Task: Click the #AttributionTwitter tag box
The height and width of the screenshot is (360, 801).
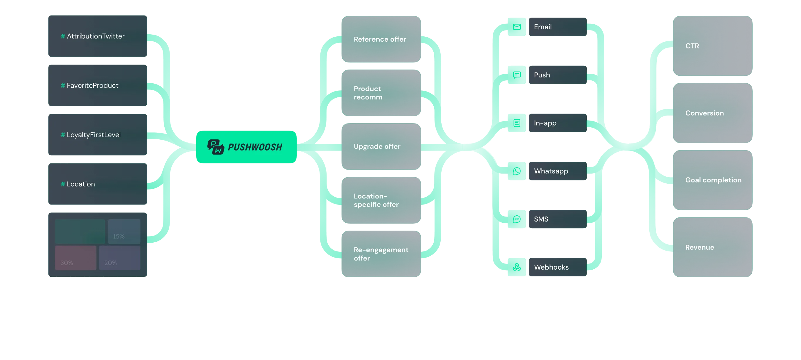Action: [97, 36]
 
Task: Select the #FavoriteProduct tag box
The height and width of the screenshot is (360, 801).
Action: [97, 85]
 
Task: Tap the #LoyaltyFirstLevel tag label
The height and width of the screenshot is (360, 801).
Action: [93, 135]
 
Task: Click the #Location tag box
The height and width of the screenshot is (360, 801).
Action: [97, 184]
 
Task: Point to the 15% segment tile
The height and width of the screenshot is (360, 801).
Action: [124, 231]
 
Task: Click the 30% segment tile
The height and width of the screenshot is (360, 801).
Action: [76, 258]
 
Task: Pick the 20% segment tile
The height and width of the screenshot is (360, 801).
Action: [120, 258]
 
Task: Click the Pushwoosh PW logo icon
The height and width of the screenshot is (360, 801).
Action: [215, 147]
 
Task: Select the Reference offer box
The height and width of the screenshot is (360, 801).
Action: [381, 39]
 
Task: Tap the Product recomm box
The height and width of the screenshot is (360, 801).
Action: [381, 93]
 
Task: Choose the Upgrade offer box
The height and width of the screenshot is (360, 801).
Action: [381, 146]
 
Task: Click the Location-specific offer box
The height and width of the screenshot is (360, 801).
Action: [381, 200]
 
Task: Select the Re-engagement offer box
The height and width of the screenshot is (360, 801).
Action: [381, 254]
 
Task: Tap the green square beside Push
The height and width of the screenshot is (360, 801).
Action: [517, 75]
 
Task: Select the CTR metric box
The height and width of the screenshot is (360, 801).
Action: [712, 46]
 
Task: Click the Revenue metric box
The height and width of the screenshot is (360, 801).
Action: [712, 247]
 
